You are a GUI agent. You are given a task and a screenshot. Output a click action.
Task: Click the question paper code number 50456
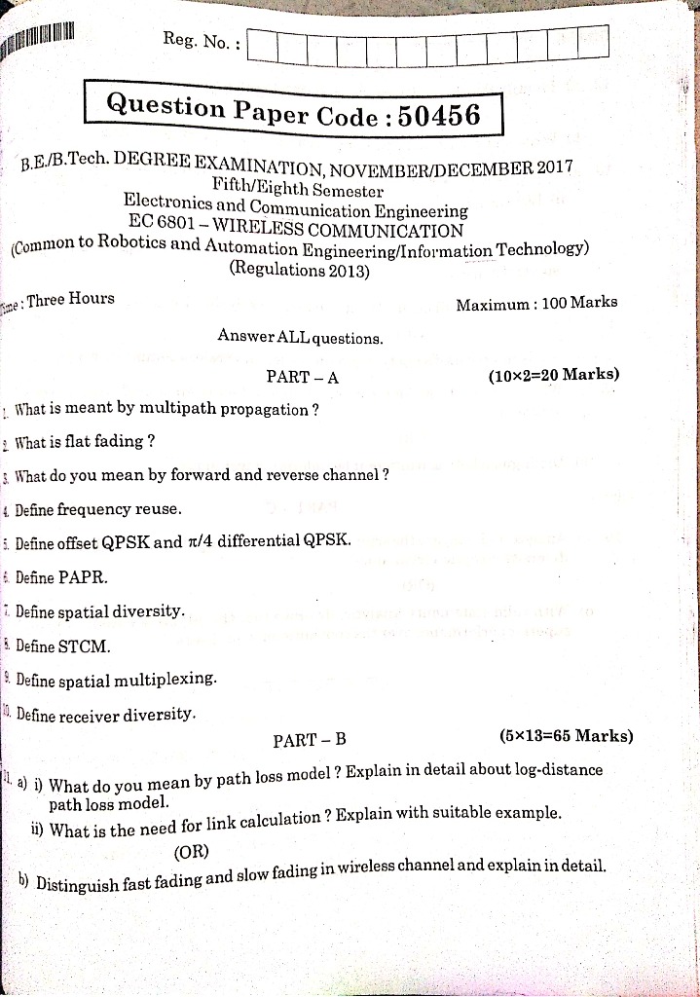tap(440, 116)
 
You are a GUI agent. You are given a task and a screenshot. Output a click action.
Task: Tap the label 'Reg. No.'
tap(200, 41)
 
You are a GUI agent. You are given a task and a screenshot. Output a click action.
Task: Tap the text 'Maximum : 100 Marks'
tap(536, 303)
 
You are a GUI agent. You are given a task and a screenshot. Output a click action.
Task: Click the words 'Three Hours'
tap(70, 299)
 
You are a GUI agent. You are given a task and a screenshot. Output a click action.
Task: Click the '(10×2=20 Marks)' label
tap(553, 374)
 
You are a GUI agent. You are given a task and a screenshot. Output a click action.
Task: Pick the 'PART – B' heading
tap(310, 740)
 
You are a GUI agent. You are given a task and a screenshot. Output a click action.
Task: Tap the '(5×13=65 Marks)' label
tap(565, 735)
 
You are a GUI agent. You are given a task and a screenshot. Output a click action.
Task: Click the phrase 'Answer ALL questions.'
tap(300, 339)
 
